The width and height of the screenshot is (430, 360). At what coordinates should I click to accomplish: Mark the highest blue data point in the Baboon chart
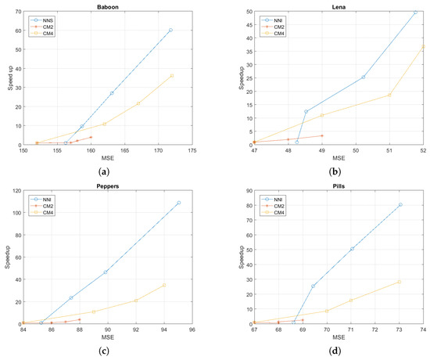click(170, 30)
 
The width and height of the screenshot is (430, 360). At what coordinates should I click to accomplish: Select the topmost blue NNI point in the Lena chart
click(415, 13)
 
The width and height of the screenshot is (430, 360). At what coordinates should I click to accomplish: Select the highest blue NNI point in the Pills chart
click(400, 205)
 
